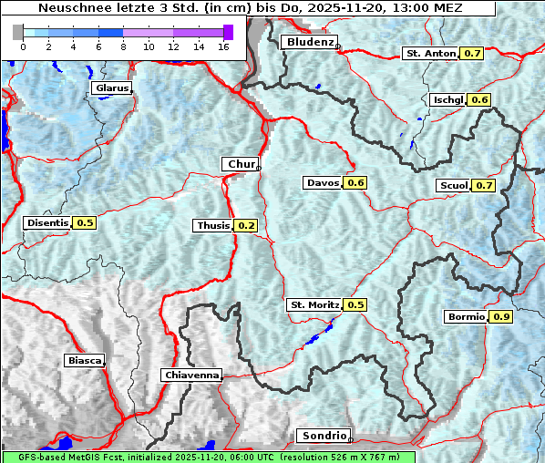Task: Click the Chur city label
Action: click(x=241, y=164)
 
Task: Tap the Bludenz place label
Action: click(x=309, y=42)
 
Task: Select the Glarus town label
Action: click(x=111, y=88)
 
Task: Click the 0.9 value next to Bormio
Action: click(x=501, y=317)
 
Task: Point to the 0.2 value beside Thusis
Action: click(x=246, y=225)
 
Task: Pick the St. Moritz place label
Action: click(x=314, y=304)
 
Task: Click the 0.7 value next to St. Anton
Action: click(x=472, y=53)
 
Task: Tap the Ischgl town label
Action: click(x=447, y=99)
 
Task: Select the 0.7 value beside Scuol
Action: click(x=484, y=186)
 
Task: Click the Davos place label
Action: click(x=323, y=183)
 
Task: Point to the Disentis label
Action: click(x=47, y=222)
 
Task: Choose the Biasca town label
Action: click(x=84, y=360)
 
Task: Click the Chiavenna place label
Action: click(x=191, y=375)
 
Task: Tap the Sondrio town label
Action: click(x=323, y=436)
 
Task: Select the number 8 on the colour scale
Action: click(x=123, y=46)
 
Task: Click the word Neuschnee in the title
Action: click(x=70, y=7)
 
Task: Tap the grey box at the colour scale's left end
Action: click(x=17, y=32)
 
